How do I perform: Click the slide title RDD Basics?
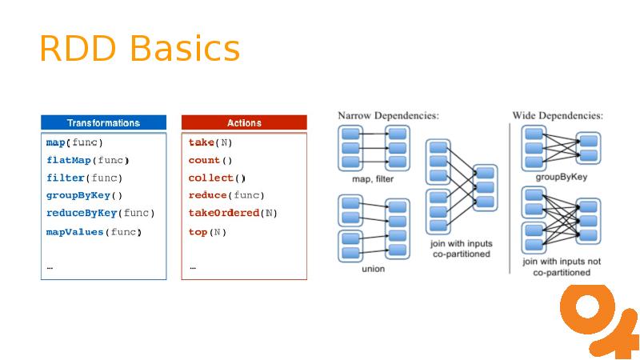139,49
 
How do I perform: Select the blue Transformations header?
103,123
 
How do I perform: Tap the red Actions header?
244,123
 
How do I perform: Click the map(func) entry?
74,142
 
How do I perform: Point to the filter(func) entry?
85,178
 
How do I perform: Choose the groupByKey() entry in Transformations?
85,195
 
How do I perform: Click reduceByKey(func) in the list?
100,213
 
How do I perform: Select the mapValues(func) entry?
94,232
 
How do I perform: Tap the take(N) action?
210,142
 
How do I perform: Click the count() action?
210,160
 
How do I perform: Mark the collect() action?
217,178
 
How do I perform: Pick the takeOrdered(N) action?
233,213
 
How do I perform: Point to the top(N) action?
207,232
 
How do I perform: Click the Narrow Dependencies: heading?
388,116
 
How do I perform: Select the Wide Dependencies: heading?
558,116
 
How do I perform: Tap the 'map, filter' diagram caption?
373,179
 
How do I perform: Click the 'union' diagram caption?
373,269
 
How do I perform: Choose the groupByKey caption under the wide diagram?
561,177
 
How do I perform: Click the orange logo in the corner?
598,320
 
